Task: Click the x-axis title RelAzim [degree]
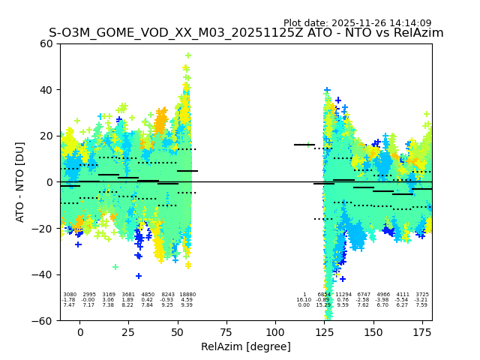click(245, 346)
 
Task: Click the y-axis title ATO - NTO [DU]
click(20, 181)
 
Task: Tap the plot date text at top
click(357, 23)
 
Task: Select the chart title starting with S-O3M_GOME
click(246, 33)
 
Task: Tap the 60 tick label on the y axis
click(46, 43)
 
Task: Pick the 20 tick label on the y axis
click(46, 136)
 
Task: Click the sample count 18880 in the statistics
click(187, 295)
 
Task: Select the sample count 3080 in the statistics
click(70, 295)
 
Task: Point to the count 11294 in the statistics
click(343, 295)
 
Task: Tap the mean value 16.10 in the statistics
click(304, 300)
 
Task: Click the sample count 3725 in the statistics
click(422, 295)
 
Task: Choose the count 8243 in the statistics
click(167, 295)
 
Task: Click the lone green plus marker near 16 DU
click(307, 145)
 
